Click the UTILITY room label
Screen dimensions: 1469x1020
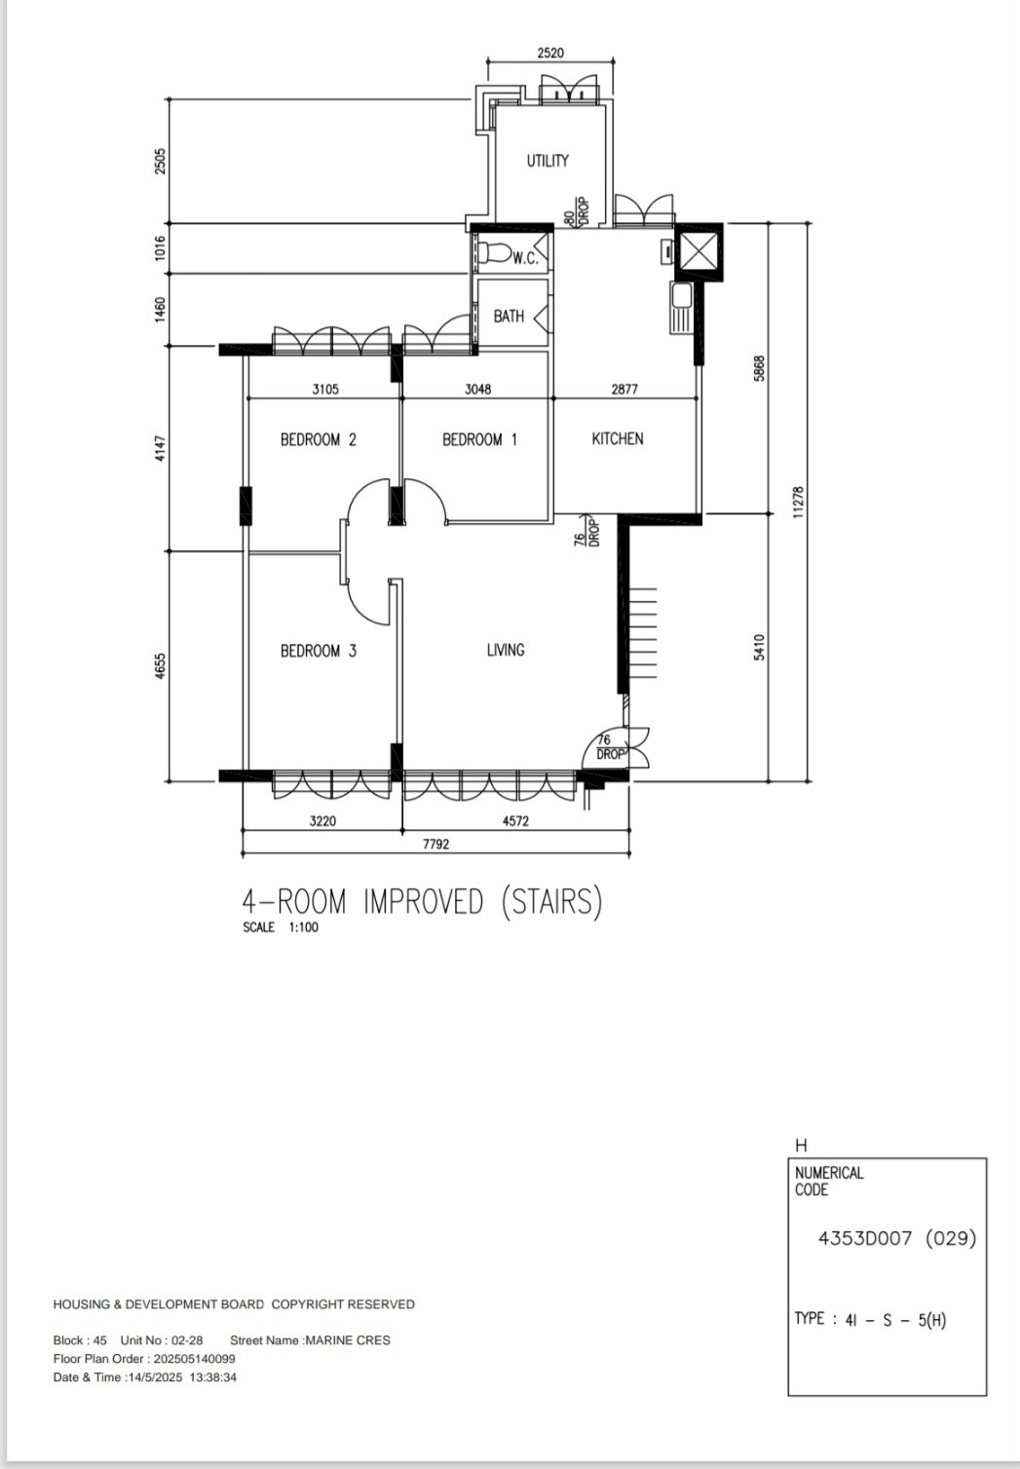click(548, 161)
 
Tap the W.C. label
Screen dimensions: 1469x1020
click(525, 258)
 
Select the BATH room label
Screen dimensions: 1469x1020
click(509, 316)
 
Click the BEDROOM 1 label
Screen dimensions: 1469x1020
click(479, 439)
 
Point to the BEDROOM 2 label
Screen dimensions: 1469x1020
click(318, 439)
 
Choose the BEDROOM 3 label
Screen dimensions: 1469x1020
click(318, 651)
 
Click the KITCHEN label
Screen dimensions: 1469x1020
click(618, 438)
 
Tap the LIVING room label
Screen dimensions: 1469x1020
click(506, 650)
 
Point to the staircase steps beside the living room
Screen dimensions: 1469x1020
click(643, 633)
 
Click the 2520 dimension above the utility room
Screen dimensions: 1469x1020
click(550, 53)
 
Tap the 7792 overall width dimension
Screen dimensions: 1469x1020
click(435, 845)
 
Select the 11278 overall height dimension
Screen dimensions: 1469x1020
click(798, 502)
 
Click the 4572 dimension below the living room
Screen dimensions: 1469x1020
click(515, 821)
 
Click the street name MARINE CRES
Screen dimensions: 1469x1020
click(348, 1340)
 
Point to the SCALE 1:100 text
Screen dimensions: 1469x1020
click(281, 927)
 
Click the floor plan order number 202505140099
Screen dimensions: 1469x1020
click(194, 1359)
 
